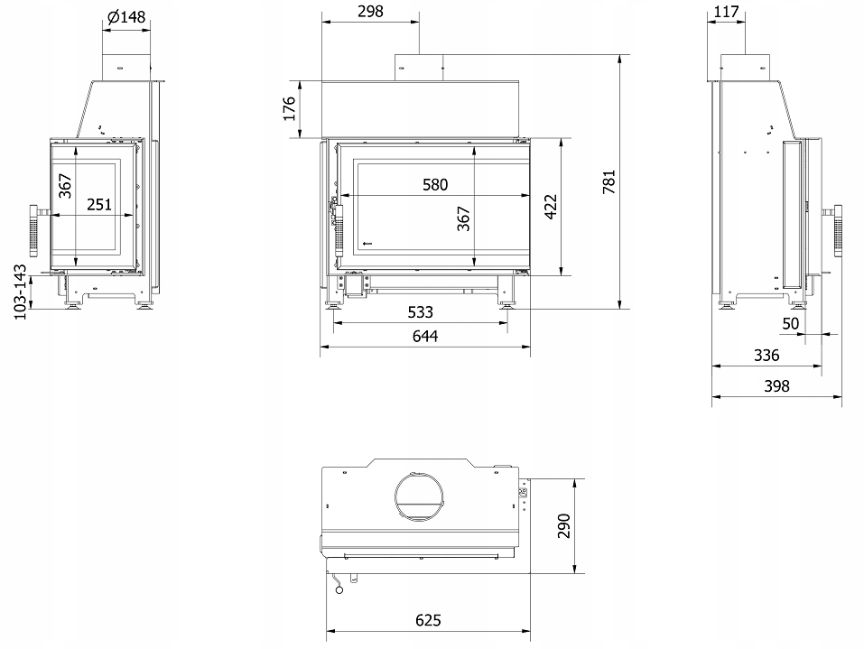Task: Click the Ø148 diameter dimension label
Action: point(126,16)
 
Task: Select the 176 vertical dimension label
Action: point(290,108)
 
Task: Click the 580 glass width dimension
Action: point(435,185)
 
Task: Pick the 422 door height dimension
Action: point(550,207)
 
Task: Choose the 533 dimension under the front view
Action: point(420,312)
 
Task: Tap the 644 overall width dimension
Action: point(424,337)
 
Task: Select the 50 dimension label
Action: point(791,323)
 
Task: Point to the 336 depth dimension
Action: point(766,356)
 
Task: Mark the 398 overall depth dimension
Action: point(776,386)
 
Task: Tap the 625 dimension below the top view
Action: point(428,621)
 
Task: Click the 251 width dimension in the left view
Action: point(98,205)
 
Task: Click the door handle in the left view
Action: point(33,229)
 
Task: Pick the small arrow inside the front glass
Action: point(365,243)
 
